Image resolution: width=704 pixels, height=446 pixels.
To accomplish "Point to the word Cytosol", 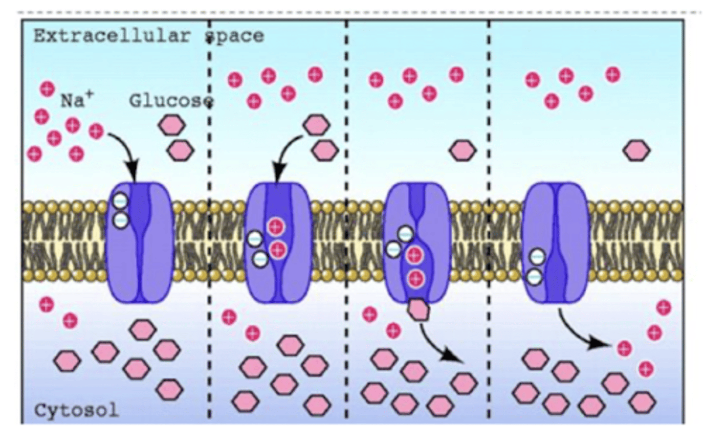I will tap(76, 410).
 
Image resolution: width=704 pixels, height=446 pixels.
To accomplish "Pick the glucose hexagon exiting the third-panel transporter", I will tap(418, 309).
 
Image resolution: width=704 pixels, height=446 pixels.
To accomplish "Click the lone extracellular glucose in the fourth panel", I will tap(637, 150).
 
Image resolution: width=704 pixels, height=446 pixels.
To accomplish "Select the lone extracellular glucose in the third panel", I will tap(462, 150).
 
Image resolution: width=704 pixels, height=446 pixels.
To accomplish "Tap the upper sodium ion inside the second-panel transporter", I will tap(276, 226).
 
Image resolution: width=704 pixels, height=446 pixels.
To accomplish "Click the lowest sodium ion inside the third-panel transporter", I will tap(416, 279).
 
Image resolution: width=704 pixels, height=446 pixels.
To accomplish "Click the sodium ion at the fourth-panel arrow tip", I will tap(624, 348).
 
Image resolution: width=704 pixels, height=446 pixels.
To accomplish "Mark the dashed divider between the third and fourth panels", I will tap(489, 220).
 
